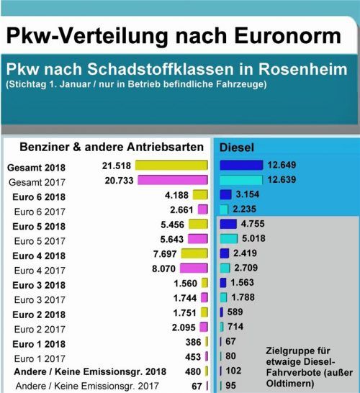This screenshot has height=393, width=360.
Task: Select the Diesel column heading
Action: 238,148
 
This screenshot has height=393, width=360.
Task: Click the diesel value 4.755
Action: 252,224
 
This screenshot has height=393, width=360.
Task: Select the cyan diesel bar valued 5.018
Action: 228,238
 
